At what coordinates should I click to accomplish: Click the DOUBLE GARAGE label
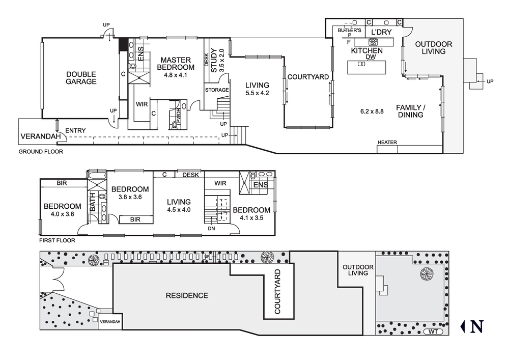(x=81, y=78)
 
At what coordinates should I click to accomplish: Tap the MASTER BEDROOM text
(x=176, y=64)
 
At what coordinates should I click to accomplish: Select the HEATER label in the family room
(x=387, y=142)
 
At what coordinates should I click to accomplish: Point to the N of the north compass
(x=477, y=326)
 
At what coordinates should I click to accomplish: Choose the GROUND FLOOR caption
(x=41, y=152)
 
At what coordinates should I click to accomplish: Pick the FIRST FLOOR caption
(x=57, y=240)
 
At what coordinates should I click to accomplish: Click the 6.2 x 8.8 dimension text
(x=372, y=112)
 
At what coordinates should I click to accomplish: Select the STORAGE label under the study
(x=217, y=90)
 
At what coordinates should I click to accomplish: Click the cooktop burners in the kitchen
(x=373, y=42)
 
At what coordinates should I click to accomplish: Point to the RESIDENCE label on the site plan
(x=187, y=295)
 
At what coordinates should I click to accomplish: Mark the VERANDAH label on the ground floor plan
(x=41, y=136)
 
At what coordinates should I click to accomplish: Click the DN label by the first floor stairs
(x=211, y=229)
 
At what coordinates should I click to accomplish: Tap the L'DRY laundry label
(x=381, y=32)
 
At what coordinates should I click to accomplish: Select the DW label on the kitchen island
(x=371, y=57)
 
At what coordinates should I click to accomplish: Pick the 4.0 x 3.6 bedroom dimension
(x=62, y=214)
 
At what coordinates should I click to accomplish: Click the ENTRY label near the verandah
(x=75, y=130)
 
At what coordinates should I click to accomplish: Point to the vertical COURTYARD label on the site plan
(x=277, y=291)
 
